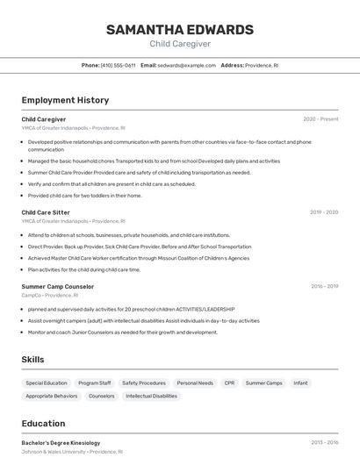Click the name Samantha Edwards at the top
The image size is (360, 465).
[179, 30]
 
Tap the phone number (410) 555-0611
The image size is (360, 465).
[118, 65]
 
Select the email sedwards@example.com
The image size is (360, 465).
[186, 65]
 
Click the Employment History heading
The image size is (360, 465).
[65, 100]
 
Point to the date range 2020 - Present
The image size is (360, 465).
[320, 119]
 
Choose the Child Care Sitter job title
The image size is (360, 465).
[46, 212]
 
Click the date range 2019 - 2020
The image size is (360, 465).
[324, 212]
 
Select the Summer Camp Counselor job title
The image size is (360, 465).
[57, 286]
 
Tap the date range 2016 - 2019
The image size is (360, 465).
[324, 286]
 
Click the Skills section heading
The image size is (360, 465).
[33, 360]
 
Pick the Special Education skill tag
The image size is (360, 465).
[46, 383]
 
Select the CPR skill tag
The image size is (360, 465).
[229, 383]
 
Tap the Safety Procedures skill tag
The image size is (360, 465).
[143, 383]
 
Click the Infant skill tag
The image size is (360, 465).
[300, 383]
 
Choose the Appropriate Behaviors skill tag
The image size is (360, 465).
[51, 397]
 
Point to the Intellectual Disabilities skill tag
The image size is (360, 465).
[151, 397]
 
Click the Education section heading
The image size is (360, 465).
[43, 424]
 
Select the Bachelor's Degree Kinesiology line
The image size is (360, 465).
[61, 443]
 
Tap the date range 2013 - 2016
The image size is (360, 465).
[324, 443]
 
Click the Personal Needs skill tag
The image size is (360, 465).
[194, 383]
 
